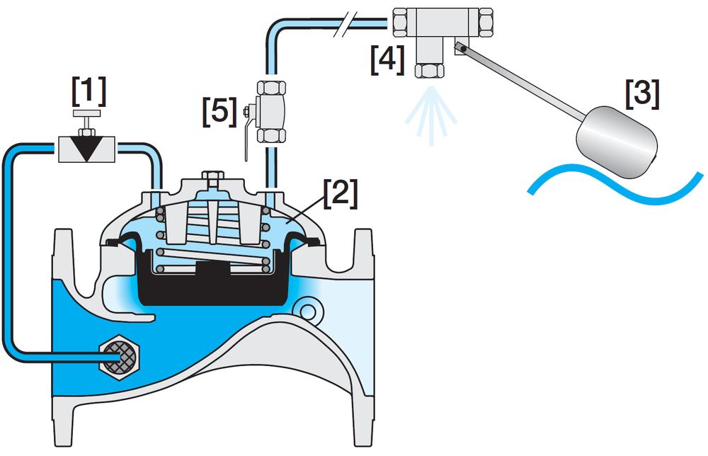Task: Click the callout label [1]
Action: [88, 90]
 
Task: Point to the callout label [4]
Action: [387, 59]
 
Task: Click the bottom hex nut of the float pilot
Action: [429, 70]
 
